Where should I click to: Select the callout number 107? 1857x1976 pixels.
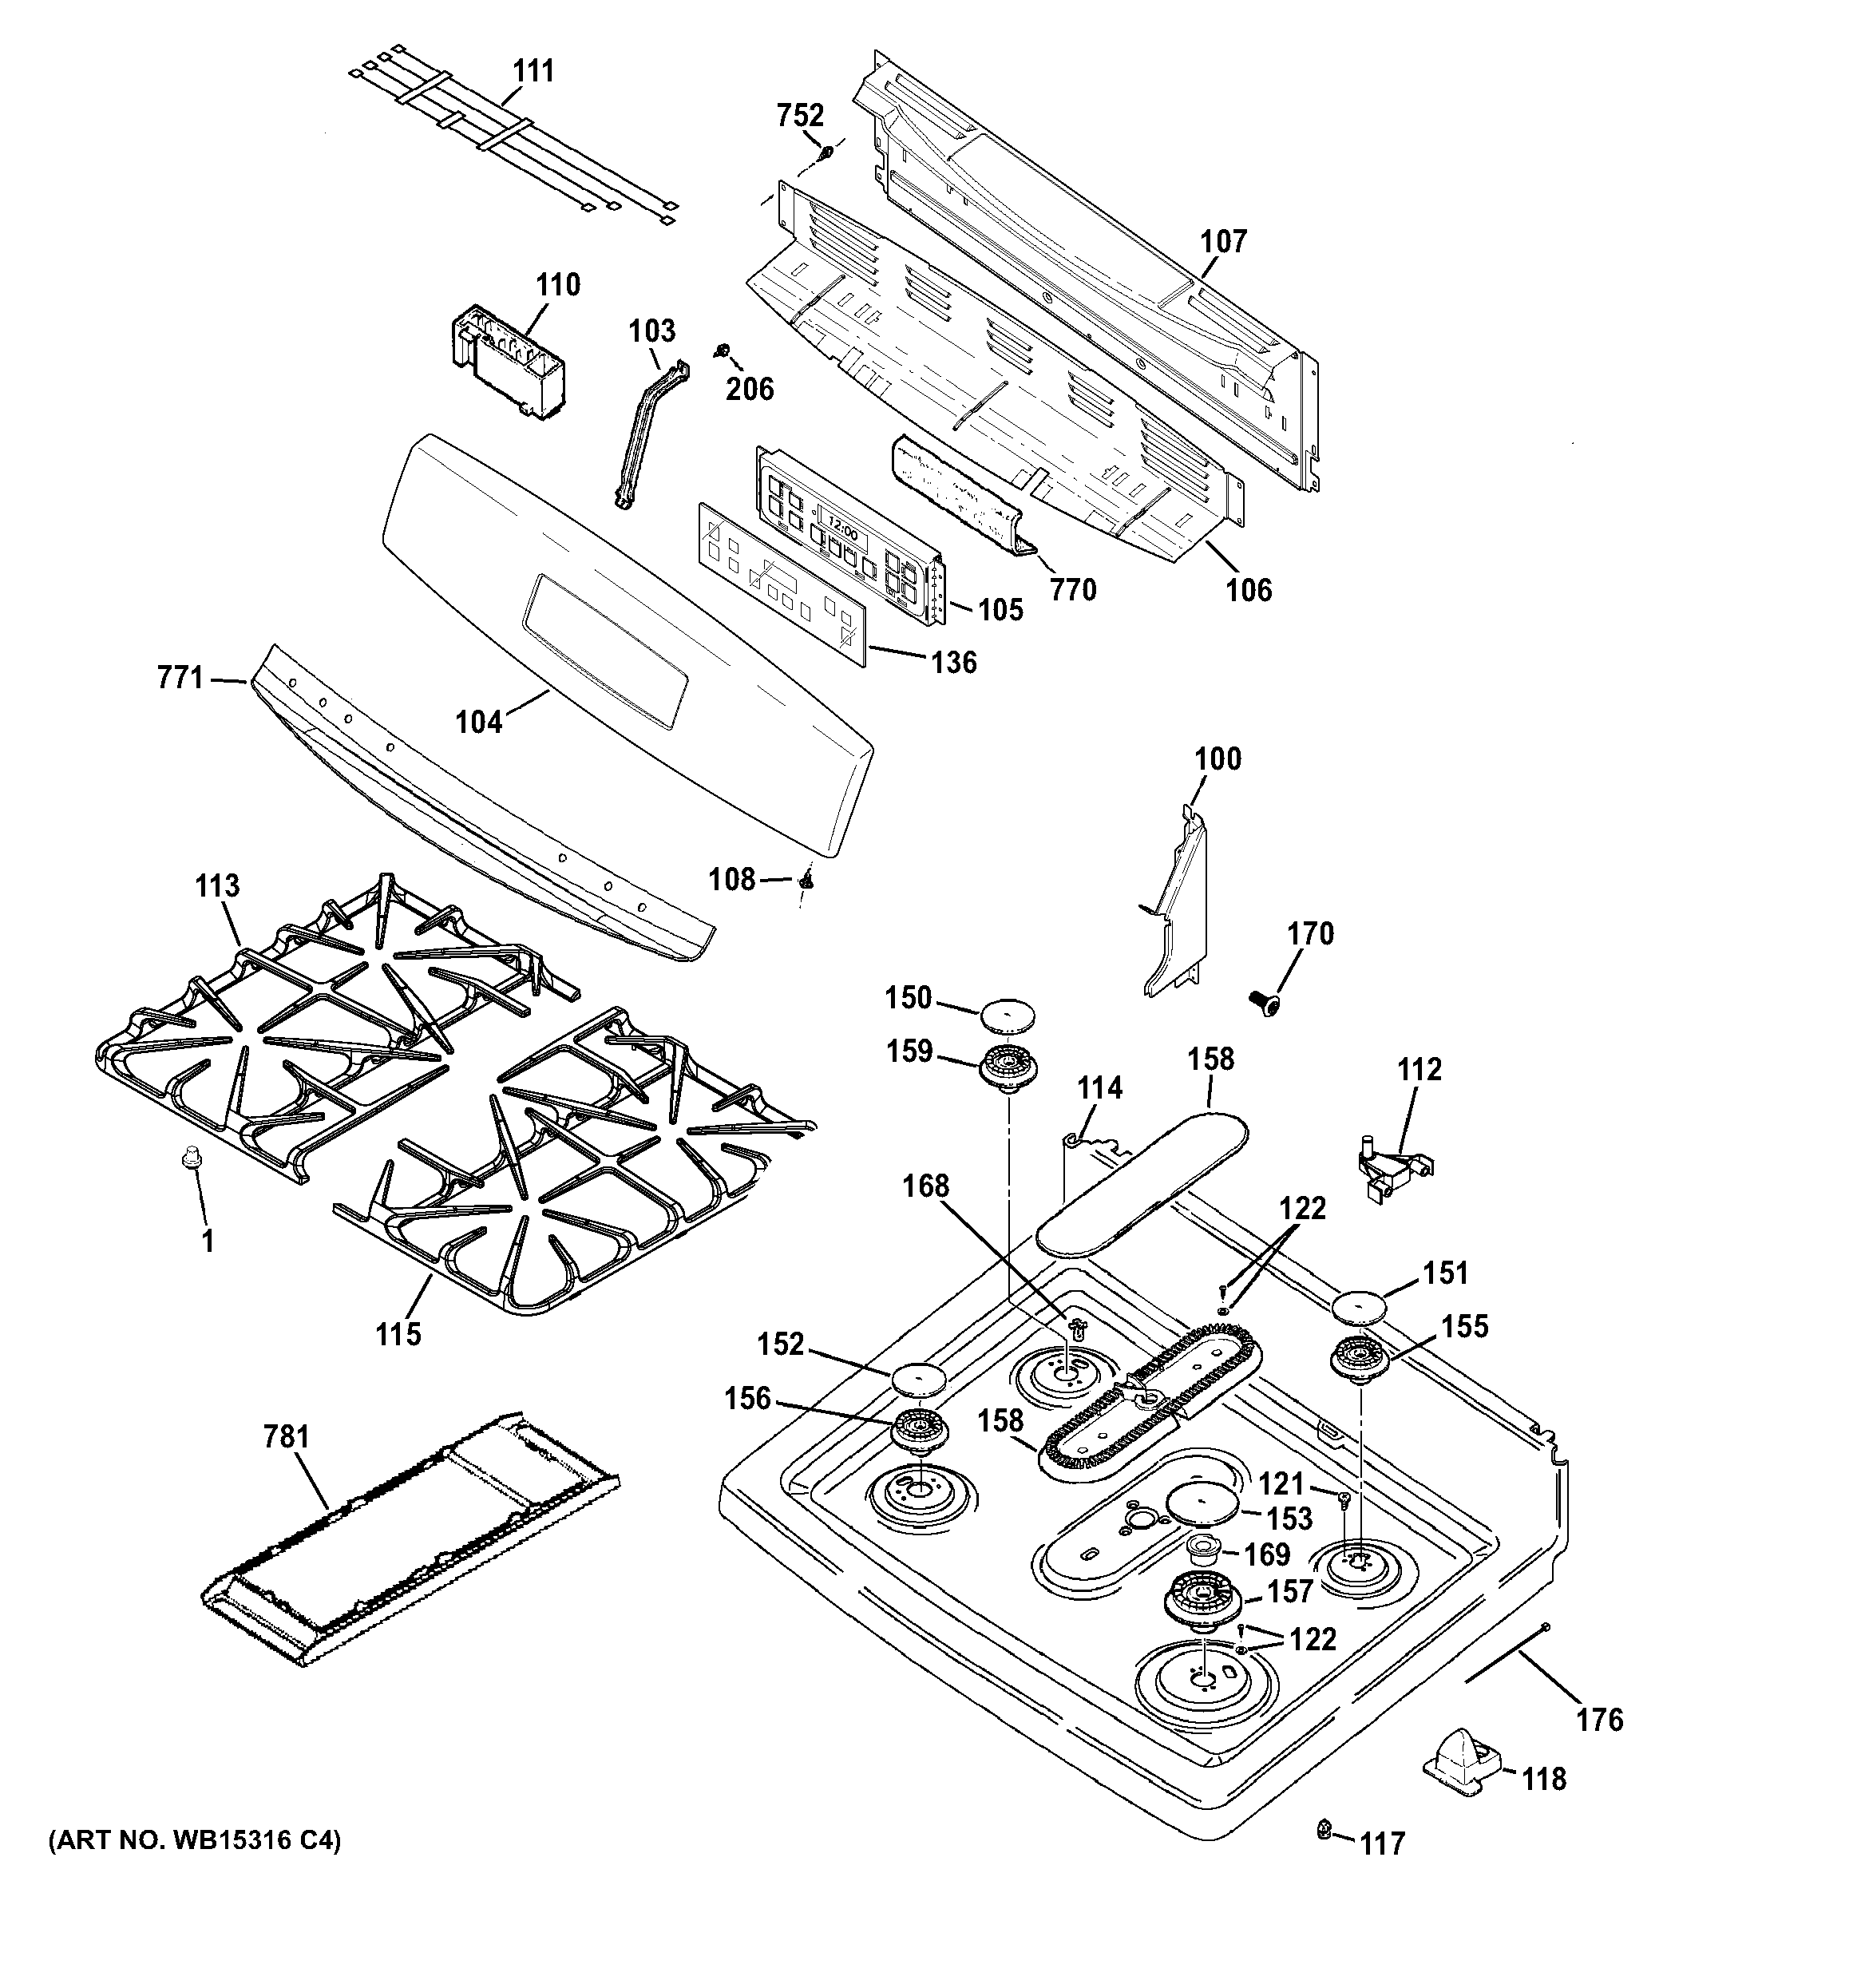coord(1223,242)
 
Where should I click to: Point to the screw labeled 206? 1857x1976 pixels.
coord(723,350)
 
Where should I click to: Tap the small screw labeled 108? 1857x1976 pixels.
coord(807,879)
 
